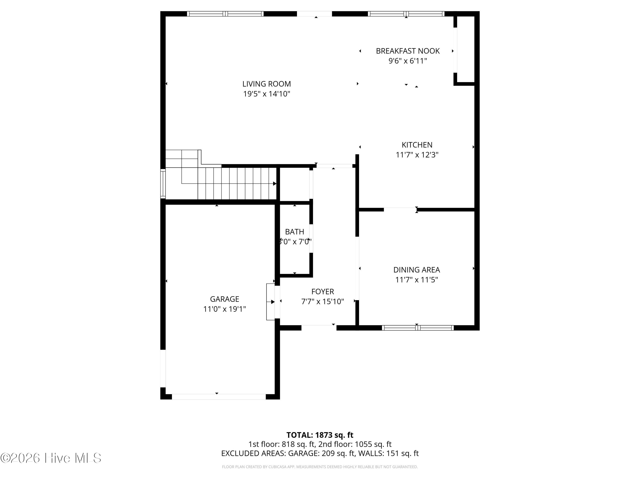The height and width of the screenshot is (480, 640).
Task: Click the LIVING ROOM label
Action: pyautogui.click(x=266, y=84)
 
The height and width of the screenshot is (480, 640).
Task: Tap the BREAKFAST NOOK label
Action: pyautogui.click(x=408, y=51)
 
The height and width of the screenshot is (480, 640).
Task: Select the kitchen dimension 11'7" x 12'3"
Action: pyautogui.click(x=417, y=155)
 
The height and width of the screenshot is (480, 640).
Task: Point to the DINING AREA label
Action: pyautogui.click(x=417, y=270)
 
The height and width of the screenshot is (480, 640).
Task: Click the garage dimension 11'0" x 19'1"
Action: pyautogui.click(x=224, y=309)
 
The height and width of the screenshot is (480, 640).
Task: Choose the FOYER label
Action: pyautogui.click(x=323, y=292)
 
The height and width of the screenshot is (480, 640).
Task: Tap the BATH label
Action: pyautogui.click(x=295, y=232)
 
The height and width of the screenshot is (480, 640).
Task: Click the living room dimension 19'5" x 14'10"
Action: pyautogui.click(x=266, y=94)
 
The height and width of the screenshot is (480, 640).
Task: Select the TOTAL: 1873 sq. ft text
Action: pyautogui.click(x=320, y=435)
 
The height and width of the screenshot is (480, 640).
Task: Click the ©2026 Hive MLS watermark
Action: pyautogui.click(x=51, y=458)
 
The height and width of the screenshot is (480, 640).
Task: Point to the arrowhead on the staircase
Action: pyautogui.click(x=275, y=183)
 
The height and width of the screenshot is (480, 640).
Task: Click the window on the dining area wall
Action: pyautogui.click(x=417, y=328)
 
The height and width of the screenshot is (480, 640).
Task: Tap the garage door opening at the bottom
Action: pyautogui.click(x=219, y=397)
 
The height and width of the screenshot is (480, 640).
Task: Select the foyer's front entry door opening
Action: pyautogui.click(x=319, y=328)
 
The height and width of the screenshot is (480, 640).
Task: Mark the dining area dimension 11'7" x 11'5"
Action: pyautogui.click(x=417, y=280)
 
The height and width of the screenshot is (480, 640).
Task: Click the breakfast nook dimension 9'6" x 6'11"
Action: pyautogui.click(x=408, y=61)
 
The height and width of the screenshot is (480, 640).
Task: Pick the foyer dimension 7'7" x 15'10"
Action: pyautogui.click(x=323, y=301)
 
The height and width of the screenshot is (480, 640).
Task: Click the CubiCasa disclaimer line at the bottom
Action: pyautogui.click(x=320, y=467)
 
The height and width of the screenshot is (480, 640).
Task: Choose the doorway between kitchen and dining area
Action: pyautogui.click(x=400, y=209)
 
